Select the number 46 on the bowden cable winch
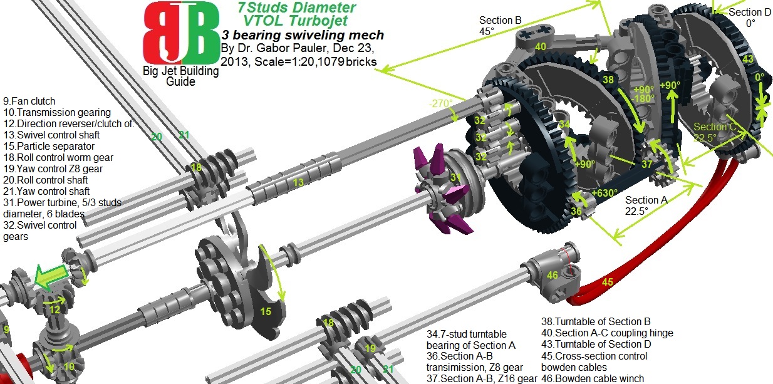553,274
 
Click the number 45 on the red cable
607,283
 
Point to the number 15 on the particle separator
265,309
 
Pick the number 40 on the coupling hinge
541,46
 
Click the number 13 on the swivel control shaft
298,182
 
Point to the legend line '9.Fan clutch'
29,101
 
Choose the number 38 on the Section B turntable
608,80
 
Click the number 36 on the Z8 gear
576,212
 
